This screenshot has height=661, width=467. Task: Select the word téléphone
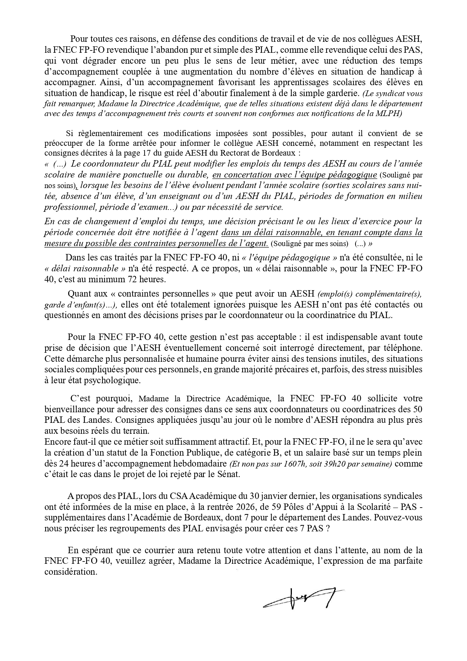coord(403,347)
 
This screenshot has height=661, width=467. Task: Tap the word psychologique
coord(108,380)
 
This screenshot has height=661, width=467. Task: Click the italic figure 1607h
coord(297,464)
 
